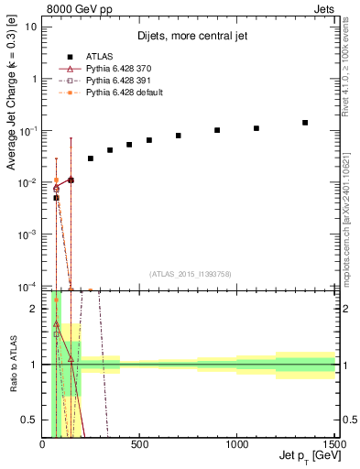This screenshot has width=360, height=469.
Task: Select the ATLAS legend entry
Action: tap(98, 57)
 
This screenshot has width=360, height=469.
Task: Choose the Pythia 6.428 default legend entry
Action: tap(126, 93)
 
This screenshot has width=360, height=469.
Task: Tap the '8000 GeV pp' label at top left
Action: tap(76, 8)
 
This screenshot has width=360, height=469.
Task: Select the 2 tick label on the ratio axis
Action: tap(33, 309)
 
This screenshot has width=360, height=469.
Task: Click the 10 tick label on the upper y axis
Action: tap(30, 27)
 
